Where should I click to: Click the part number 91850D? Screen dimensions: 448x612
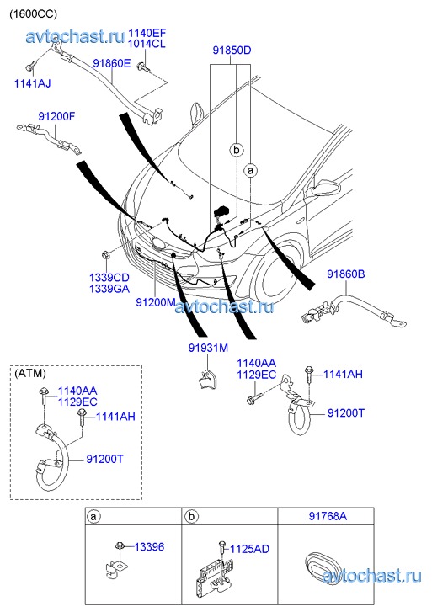tap(232, 51)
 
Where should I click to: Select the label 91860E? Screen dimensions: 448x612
tap(112, 63)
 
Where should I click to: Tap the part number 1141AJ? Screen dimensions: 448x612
tap(32, 83)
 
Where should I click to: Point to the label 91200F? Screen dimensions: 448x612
tap(56, 116)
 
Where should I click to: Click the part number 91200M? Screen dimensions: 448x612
tap(156, 302)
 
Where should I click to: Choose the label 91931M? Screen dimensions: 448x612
tap(208, 348)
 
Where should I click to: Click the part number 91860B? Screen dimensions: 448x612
tap(345, 274)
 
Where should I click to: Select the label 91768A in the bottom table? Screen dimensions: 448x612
tap(328, 516)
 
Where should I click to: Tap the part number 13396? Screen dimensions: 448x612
tap(150, 547)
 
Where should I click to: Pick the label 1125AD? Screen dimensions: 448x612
tap(249, 549)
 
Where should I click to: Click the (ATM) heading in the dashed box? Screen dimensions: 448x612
tap(30, 373)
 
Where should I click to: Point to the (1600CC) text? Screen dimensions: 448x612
tap(33, 13)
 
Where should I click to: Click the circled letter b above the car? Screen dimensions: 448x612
tap(236, 150)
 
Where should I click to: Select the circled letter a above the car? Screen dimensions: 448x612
tap(250, 171)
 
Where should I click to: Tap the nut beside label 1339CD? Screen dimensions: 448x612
tap(104, 255)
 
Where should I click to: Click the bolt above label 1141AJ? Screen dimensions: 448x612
tap(30, 66)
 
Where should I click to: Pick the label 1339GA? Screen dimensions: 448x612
tap(109, 289)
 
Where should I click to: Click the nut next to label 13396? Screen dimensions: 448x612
tap(120, 545)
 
